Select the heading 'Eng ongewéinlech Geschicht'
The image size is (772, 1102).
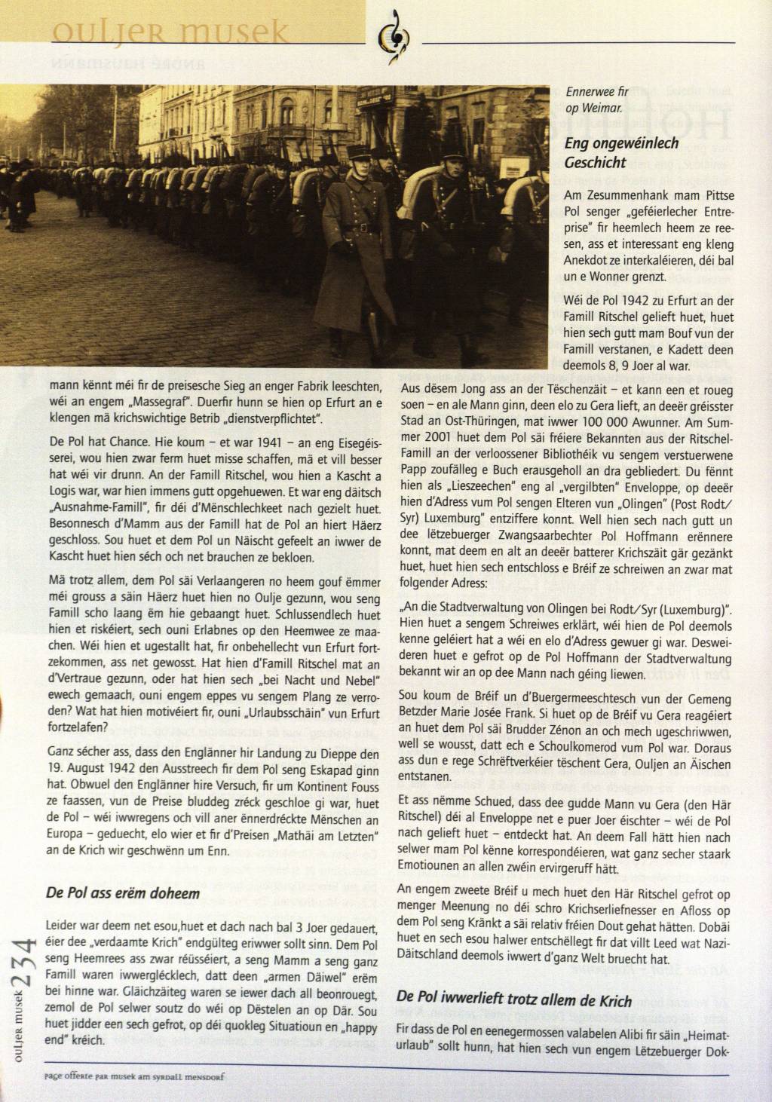click(x=621, y=152)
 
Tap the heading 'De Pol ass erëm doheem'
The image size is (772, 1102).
click(x=123, y=893)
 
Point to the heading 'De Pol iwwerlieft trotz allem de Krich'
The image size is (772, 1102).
click(x=514, y=1001)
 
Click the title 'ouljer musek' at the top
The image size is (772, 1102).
click(x=170, y=31)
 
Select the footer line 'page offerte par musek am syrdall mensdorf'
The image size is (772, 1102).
click(x=134, y=1076)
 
